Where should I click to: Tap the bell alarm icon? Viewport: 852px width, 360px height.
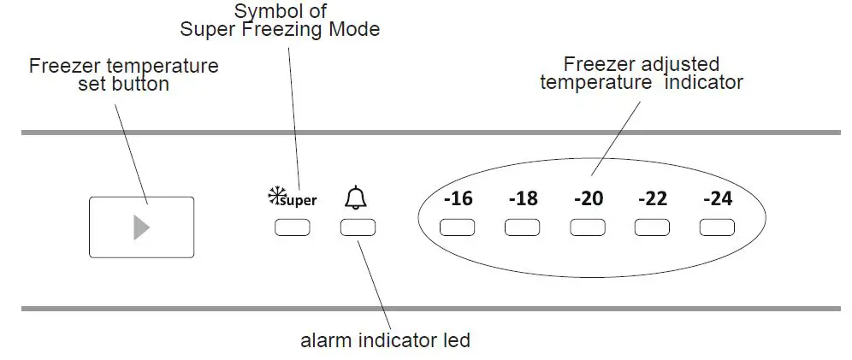[x=355, y=198]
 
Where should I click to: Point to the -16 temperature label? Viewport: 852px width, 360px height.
[x=458, y=199]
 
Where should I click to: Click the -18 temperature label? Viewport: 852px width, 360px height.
[x=523, y=199]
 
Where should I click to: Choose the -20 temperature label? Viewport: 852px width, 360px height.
[x=588, y=199]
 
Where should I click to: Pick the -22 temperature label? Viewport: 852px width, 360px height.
[x=653, y=199]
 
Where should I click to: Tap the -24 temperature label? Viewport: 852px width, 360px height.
[x=717, y=199]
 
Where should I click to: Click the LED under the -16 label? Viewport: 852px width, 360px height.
[x=457, y=228]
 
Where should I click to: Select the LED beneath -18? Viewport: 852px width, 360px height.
[x=522, y=228]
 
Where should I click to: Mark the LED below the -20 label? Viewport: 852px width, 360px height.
[x=588, y=228]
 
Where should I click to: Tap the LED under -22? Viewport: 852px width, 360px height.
[x=652, y=228]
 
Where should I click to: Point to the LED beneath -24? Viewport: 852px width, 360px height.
[x=717, y=228]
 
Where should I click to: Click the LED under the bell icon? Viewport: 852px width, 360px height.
[x=358, y=228]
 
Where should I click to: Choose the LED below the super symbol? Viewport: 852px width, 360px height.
[x=293, y=228]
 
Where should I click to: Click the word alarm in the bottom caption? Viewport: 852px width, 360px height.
[x=324, y=340]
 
